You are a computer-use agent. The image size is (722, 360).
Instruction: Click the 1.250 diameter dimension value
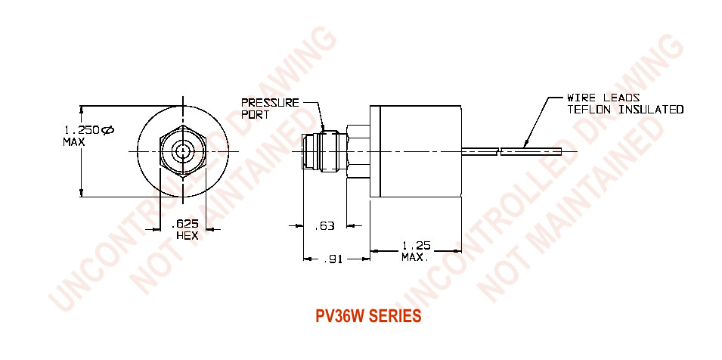(x=80, y=130)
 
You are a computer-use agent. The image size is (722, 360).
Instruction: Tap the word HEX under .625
(x=186, y=235)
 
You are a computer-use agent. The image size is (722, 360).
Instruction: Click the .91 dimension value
(x=333, y=259)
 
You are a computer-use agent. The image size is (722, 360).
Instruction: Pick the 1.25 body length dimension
(x=416, y=246)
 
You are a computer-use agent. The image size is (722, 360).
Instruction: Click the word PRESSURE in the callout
(x=270, y=102)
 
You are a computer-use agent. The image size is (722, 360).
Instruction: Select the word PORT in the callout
(x=255, y=114)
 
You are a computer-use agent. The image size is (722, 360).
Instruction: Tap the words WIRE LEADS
(x=603, y=98)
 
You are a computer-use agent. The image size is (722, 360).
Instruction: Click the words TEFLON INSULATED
(x=625, y=110)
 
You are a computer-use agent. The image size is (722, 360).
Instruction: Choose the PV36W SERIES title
(x=368, y=317)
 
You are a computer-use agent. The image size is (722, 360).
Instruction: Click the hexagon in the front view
(x=167, y=151)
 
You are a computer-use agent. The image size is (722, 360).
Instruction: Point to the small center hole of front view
(x=182, y=151)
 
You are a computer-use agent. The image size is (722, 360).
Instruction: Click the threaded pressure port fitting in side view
(x=318, y=151)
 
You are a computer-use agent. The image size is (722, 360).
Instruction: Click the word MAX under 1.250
(x=73, y=141)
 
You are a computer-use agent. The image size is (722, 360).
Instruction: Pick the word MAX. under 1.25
(x=415, y=258)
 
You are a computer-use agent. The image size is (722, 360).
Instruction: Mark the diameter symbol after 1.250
(x=107, y=130)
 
